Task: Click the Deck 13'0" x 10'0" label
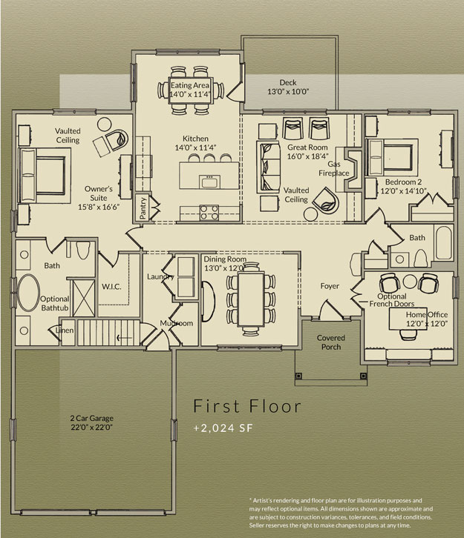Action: click(288, 87)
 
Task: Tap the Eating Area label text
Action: click(190, 85)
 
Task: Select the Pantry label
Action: click(143, 208)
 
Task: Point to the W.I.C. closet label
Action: click(111, 287)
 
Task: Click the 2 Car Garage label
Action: click(92, 418)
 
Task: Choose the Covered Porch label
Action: click(331, 342)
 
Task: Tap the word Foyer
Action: click(330, 286)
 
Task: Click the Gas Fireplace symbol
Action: click(353, 169)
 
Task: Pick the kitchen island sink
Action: click(209, 181)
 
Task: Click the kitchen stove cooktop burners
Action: click(209, 213)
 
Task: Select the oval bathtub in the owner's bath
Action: click(28, 293)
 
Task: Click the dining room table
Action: click(251, 299)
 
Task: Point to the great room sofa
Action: click(268, 167)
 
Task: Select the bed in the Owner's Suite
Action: click(42, 176)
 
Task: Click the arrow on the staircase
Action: click(124, 338)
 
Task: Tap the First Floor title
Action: click(247, 406)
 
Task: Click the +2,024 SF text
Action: click(223, 428)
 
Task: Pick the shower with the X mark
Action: click(83, 298)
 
